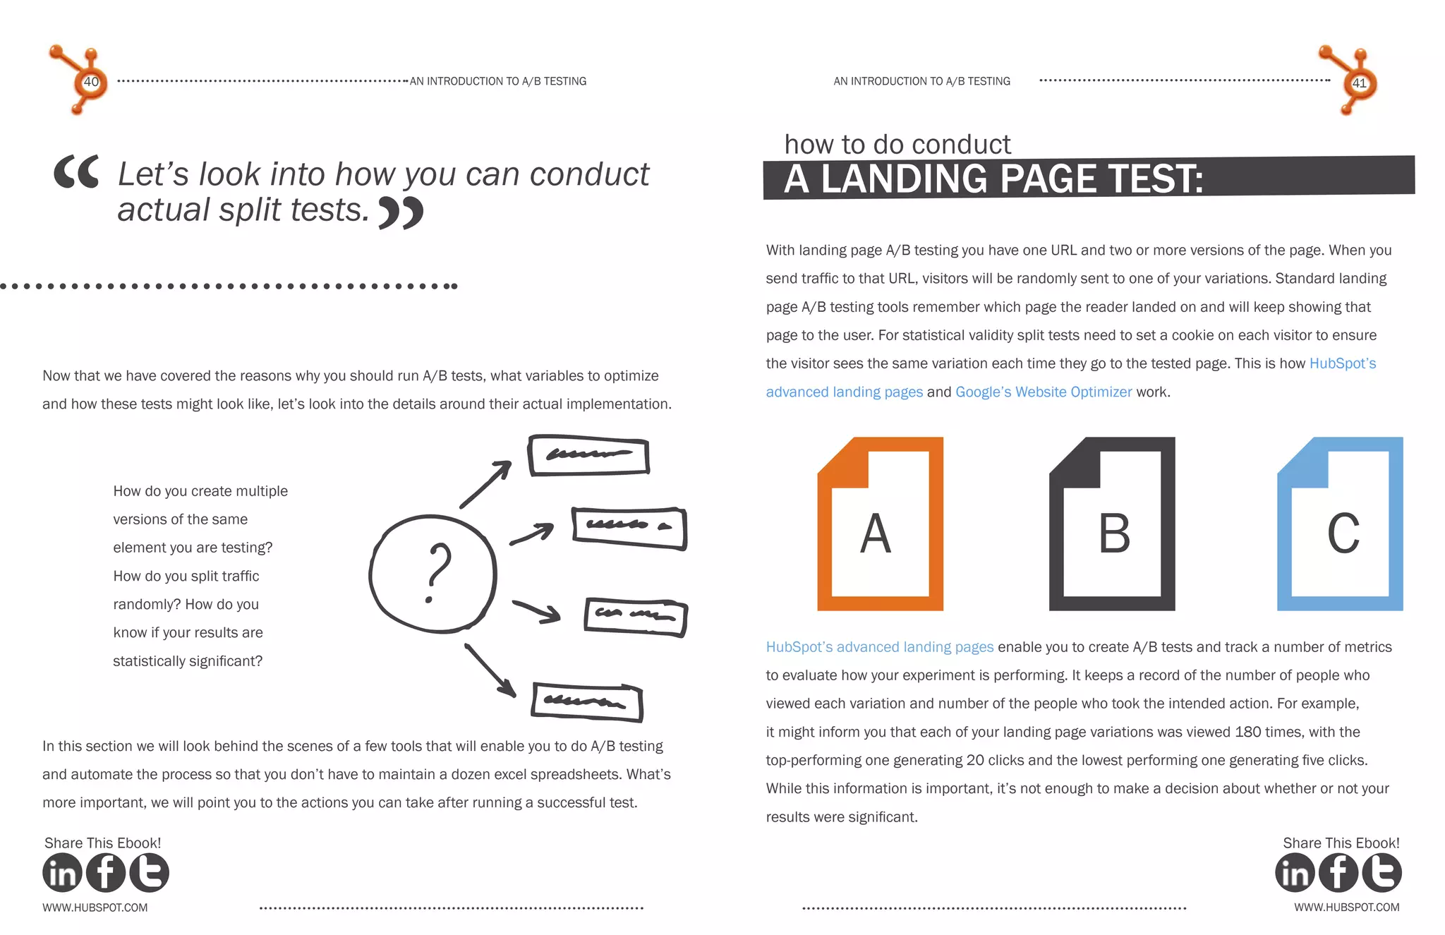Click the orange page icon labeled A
pos(880,524)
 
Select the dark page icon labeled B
pos(1112,524)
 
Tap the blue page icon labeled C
pos(1340,524)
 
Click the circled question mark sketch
pos(433,573)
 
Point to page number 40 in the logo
pos(91,82)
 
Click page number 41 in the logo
pos(1359,83)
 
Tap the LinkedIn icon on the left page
pos(62,873)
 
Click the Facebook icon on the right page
pos(1338,873)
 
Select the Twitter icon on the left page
pos(149,873)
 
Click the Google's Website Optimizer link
pos(1043,392)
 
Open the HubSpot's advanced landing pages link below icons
pos(879,647)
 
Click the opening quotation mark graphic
pos(76,171)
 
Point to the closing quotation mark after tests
pos(401,212)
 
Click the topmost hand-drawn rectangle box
pos(588,455)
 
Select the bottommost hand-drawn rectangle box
pos(586,702)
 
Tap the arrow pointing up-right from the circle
pos(486,483)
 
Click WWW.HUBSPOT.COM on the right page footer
pos(1346,907)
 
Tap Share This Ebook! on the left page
pos(102,843)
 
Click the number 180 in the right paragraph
pos(1247,732)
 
